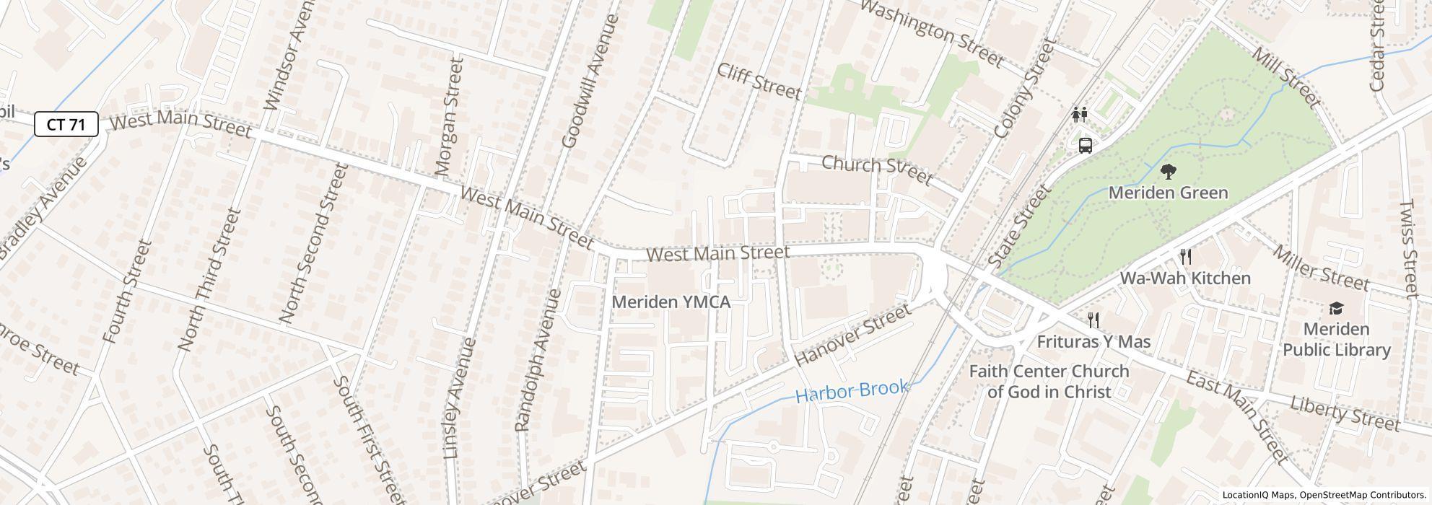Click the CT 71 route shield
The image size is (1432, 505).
[x=66, y=124]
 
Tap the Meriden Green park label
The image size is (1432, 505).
[x=1168, y=193]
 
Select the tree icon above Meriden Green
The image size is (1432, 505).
[x=1168, y=172]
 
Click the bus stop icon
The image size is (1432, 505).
[x=1085, y=145]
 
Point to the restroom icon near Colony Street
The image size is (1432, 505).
[x=1080, y=114]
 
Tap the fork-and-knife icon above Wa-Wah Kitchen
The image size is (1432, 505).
[x=1185, y=256]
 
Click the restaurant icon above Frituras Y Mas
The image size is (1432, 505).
[x=1093, y=320]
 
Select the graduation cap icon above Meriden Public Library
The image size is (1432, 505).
[x=1336, y=308]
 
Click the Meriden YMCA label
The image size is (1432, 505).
[x=671, y=302]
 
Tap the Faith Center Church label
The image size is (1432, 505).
[x=1049, y=382]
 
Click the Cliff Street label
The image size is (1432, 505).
[x=759, y=81]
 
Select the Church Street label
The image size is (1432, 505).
[x=877, y=169]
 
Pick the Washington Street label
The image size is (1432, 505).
[x=933, y=33]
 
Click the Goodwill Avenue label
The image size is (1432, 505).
[x=590, y=81]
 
